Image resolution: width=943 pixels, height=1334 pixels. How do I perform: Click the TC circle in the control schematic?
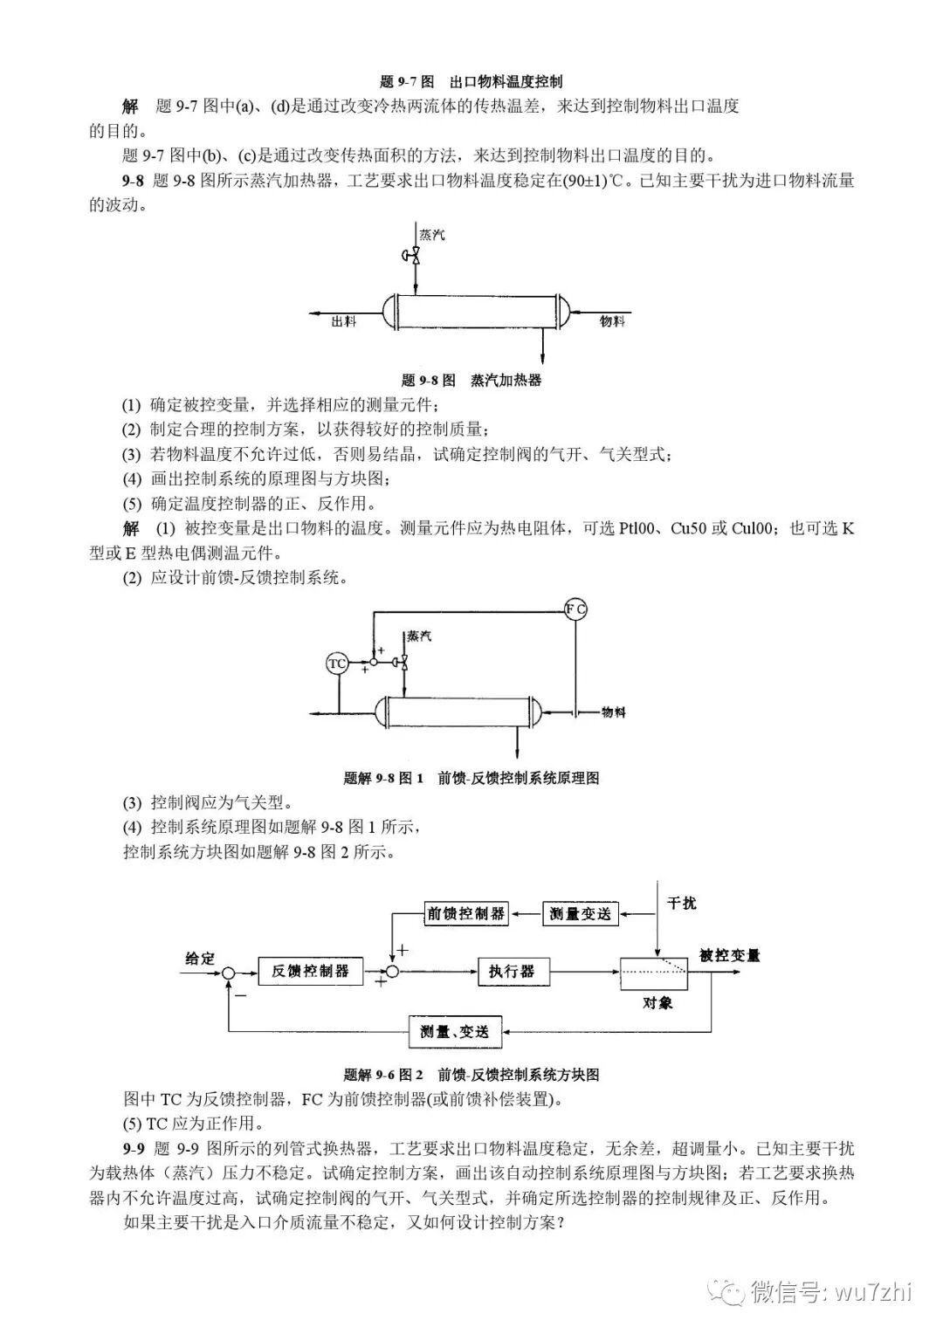[x=337, y=664]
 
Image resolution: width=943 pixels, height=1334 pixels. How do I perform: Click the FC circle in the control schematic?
[x=575, y=609]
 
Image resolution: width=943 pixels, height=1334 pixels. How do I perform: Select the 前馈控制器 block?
[x=466, y=913]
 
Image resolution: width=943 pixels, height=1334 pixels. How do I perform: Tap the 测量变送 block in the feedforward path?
[x=581, y=913]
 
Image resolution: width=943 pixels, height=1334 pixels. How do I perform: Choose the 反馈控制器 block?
[x=310, y=971]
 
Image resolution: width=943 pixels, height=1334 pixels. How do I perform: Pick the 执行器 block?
[x=512, y=971]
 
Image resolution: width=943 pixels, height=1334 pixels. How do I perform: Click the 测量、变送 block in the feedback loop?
[x=455, y=1032]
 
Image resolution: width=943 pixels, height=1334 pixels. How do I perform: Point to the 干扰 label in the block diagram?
[x=682, y=903]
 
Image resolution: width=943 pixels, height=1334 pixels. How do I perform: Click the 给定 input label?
[x=199, y=958]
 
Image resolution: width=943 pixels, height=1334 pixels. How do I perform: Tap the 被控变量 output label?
[x=730, y=955]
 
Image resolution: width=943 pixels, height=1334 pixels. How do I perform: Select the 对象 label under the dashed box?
[x=657, y=1002]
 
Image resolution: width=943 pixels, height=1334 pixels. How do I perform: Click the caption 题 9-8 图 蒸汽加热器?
[x=471, y=380]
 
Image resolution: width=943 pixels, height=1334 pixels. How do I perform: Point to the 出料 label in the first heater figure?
[x=344, y=321]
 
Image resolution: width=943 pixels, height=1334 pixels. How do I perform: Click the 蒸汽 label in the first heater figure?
[x=431, y=235]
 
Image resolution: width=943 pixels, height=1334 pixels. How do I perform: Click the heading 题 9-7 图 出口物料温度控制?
[x=471, y=82]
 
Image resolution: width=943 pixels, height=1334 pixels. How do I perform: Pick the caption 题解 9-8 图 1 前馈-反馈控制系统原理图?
[x=471, y=778]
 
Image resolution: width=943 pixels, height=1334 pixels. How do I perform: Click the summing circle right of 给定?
[x=229, y=972]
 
